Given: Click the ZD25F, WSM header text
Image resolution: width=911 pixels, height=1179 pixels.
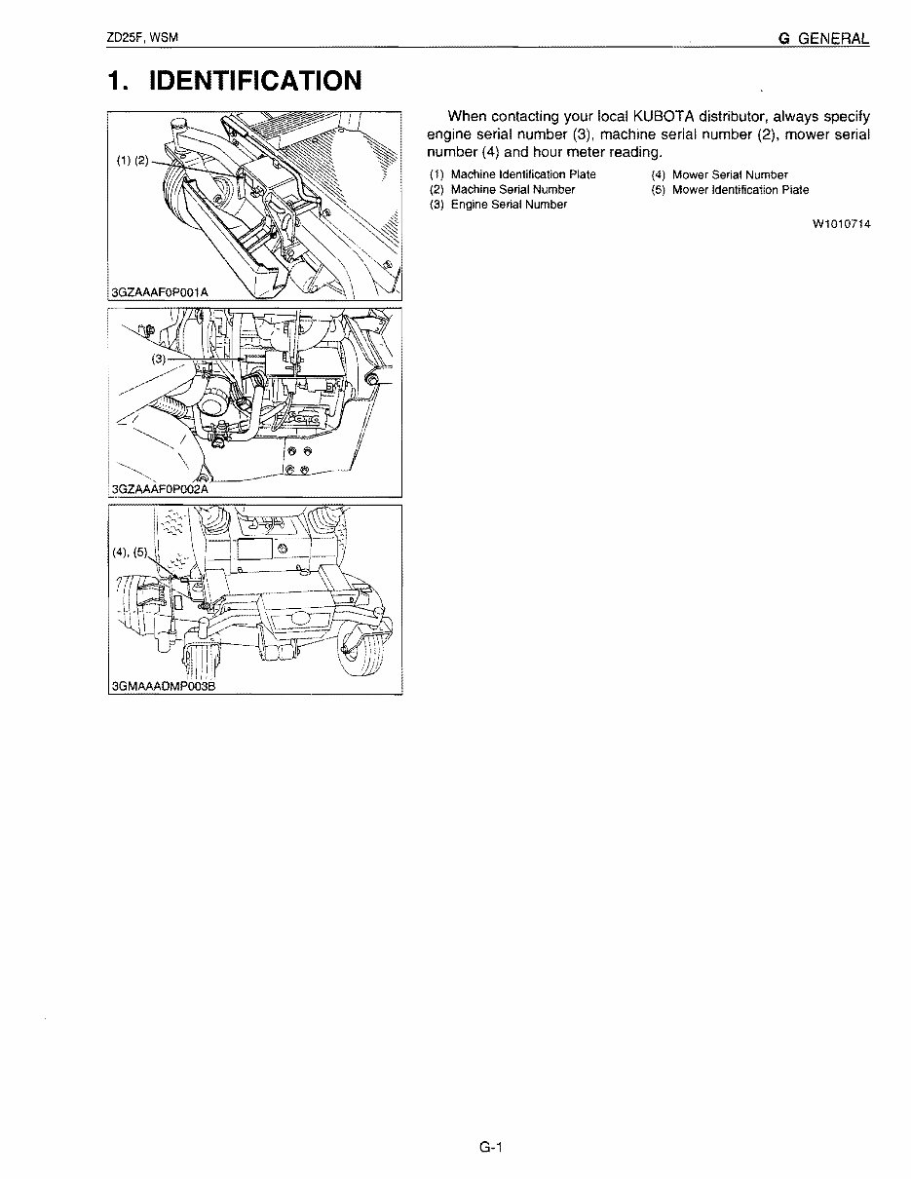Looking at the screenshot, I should (143, 38).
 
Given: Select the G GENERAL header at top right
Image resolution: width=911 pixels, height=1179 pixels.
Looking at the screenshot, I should (823, 38).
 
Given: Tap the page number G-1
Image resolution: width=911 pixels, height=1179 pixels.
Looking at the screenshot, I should (489, 1147).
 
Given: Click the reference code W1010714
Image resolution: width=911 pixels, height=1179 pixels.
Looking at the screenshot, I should (841, 224).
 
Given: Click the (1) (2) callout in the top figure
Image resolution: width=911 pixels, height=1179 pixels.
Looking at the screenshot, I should (132, 161).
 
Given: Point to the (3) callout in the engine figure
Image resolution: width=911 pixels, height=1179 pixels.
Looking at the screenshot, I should (159, 359).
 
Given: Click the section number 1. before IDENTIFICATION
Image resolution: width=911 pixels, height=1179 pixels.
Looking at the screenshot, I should (118, 80).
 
